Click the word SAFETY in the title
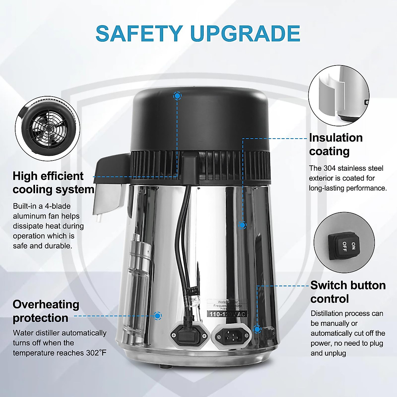pyautogui.click(x=139, y=33)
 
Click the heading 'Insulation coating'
pyautogui.click(x=335, y=144)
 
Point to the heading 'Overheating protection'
pyautogui.click(x=46, y=311)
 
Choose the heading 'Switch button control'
pyautogui.click(x=348, y=292)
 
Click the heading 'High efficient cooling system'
pyautogui.click(x=53, y=183)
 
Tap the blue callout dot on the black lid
pyautogui.click(x=177, y=96)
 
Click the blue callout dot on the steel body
pyautogui.click(x=242, y=225)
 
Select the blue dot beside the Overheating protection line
pyautogui.click(x=158, y=316)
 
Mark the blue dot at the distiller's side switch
pyautogui.click(x=257, y=329)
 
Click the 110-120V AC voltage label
pyautogui.click(x=227, y=314)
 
